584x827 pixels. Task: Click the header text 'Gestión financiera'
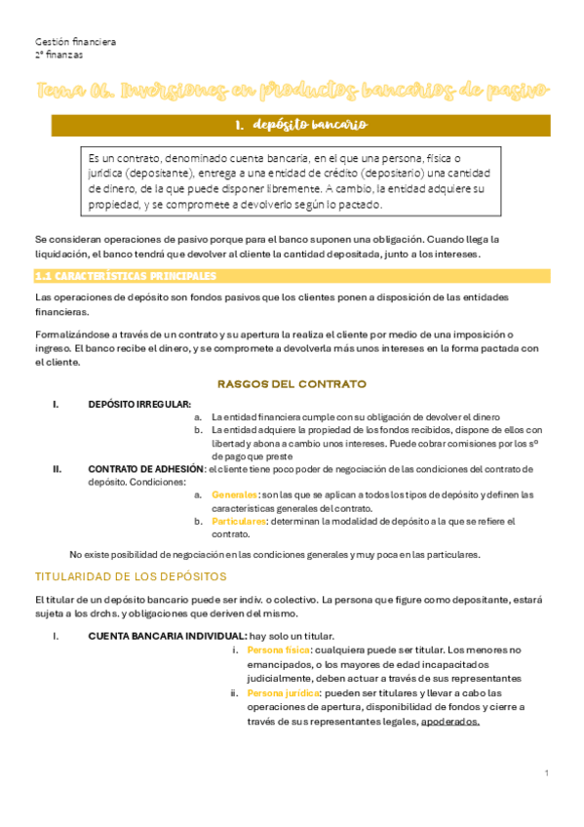tap(75, 42)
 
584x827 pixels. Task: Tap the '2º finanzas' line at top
tap(58, 56)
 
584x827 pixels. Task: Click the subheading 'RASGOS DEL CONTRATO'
tap(292, 383)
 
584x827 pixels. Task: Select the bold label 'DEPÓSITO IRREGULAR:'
tap(139, 404)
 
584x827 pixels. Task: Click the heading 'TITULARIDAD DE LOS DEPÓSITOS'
tap(131, 576)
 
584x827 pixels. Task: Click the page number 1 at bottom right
tap(548, 772)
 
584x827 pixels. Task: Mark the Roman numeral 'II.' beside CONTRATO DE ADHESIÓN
tap(58, 468)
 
